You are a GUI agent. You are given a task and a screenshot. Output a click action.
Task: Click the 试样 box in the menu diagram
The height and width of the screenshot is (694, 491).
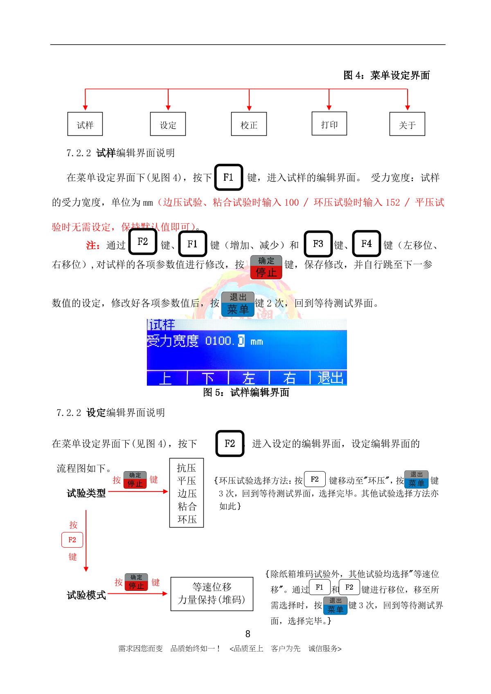85,124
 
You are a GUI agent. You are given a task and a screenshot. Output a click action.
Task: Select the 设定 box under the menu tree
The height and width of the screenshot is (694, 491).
168,124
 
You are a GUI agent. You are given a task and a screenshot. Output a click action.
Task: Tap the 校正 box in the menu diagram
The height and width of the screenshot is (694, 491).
249,124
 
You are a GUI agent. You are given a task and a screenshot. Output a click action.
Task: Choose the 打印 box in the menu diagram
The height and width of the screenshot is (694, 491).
329,124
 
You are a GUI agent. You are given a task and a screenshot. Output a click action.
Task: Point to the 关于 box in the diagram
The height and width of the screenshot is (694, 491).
407,124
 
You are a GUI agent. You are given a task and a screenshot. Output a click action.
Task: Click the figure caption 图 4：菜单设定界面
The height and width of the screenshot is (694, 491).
386,75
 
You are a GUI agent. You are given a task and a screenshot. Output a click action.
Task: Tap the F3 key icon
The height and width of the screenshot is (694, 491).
318,244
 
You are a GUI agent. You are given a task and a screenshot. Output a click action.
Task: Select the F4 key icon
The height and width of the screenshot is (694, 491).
366,244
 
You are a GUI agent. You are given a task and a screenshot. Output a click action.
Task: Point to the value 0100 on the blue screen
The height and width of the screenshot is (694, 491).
218,341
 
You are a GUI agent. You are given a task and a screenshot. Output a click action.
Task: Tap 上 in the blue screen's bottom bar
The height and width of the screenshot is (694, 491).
165,378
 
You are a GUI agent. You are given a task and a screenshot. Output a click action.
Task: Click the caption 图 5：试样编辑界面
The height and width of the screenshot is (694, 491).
246,393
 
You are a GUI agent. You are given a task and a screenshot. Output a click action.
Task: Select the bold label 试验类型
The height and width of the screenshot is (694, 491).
86,493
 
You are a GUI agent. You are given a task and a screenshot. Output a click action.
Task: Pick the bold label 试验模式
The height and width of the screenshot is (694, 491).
86,595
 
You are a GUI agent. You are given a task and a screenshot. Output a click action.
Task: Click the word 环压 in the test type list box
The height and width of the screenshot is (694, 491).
187,519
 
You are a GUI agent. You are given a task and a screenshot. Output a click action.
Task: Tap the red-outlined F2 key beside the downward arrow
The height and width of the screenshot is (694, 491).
72,540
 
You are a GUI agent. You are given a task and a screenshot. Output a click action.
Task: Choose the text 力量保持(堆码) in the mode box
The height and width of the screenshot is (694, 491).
212,600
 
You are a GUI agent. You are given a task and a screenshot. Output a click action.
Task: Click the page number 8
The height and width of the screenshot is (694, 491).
248,634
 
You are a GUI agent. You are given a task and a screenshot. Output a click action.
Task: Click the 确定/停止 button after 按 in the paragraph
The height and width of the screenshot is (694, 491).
266,267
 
